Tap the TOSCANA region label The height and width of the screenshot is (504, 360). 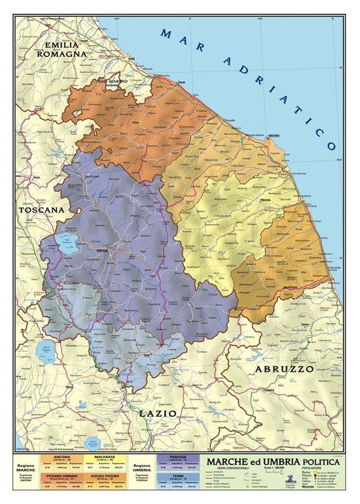(x=42, y=210)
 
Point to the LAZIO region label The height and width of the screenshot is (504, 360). (x=157, y=413)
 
